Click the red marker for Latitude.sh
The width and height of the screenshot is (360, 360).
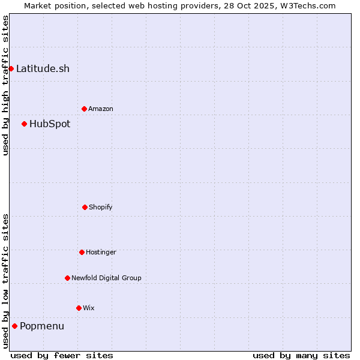tap(11, 68)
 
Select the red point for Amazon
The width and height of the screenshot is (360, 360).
tap(84, 109)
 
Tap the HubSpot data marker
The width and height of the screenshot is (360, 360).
tap(24, 124)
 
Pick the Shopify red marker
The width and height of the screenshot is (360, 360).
tap(85, 207)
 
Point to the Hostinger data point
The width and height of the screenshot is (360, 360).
tap(82, 252)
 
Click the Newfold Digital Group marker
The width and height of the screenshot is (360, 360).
tap(67, 278)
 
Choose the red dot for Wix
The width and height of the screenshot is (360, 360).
tap(79, 308)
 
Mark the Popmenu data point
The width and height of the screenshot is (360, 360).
tap(14, 326)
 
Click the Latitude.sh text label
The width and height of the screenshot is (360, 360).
tap(43, 68)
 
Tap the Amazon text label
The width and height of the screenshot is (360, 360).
tap(101, 109)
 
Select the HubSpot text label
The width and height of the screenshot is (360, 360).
tap(50, 124)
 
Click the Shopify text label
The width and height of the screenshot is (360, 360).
tap(101, 207)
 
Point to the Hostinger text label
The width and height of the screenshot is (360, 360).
tap(101, 252)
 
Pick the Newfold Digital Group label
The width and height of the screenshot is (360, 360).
tap(106, 278)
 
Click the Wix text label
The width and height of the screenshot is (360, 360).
tap(89, 308)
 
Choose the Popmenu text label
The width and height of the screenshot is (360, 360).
tap(42, 326)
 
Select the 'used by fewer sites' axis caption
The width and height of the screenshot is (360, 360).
tap(62, 355)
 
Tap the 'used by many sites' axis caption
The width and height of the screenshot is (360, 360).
tap(301, 355)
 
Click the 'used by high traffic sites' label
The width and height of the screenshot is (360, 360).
tap(5, 85)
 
